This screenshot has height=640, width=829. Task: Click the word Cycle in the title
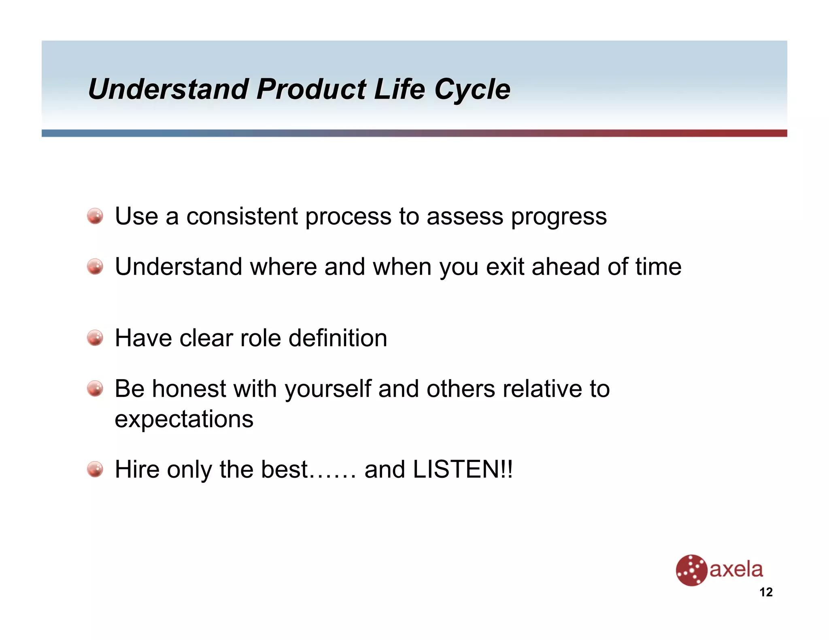(472, 89)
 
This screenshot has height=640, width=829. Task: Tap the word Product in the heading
(311, 89)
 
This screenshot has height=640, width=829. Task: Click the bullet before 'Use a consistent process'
(95, 216)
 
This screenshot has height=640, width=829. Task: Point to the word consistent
(242, 216)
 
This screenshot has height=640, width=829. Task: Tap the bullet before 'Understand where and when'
(95, 267)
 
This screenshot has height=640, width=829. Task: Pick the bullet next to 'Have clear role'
(95, 338)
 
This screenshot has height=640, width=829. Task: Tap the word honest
(189, 389)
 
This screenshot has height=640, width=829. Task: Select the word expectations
(184, 420)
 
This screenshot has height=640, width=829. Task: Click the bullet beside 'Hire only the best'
(95, 469)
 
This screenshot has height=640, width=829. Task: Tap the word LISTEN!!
(462, 469)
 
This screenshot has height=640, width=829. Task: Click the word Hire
(137, 469)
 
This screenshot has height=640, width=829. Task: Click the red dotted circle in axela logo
(691, 570)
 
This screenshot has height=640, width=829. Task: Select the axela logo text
(736, 570)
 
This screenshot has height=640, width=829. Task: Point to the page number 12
(766, 592)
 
